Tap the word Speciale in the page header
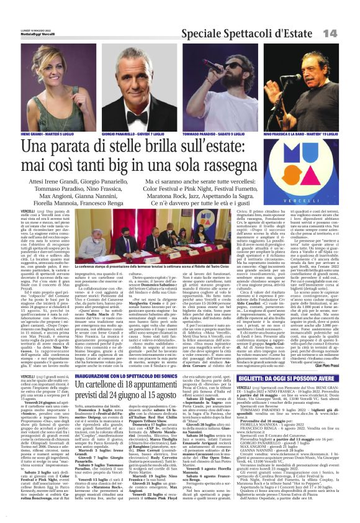pyautogui.click(x=195, y=33)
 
